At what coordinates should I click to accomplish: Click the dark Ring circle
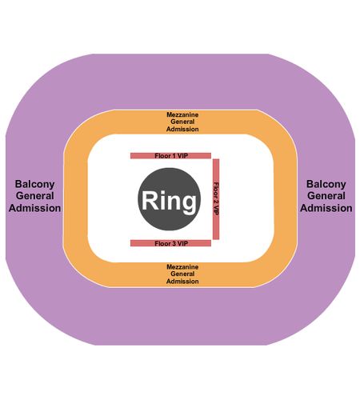click(x=169, y=199)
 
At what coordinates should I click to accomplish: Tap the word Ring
click(x=169, y=202)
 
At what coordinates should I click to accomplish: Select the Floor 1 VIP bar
click(x=170, y=156)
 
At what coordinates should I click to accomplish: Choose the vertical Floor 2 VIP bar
click(x=216, y=199)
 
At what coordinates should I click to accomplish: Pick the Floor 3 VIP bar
click(x=170, y=243)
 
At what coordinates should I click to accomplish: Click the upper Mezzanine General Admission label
click(x=182, y=122)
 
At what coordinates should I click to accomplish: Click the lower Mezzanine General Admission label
click(x=182, y=274)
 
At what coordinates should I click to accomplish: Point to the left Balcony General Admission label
click(x=34, y=196)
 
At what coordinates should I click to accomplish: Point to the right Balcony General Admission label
click(x=326, y=196)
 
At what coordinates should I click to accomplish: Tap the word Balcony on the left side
click(x=34, y=184)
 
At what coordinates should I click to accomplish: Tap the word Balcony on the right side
click(x=326, y=184)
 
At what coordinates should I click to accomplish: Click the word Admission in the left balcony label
click(x=34, y=208)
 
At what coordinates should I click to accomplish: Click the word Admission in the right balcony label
click(x=326, y=208)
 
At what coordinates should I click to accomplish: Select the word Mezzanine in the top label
click(x=182, y=114)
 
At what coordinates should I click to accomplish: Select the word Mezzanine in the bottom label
click(x=182, y=266)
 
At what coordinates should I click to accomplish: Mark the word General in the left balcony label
click(x=34, y=196)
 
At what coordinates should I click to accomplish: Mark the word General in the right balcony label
click(x=326, y=196)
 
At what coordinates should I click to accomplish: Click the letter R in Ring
click(x=150, y=200)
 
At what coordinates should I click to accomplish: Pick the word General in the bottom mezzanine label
click(x=182, y=274)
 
